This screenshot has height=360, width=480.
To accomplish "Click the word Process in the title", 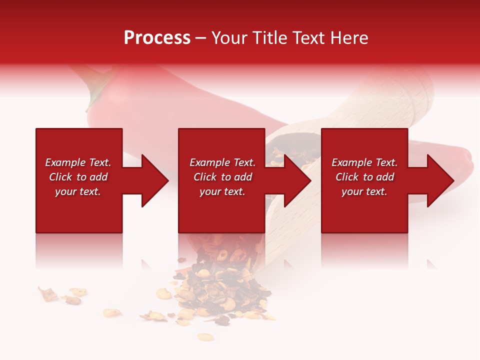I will tap(157, 38).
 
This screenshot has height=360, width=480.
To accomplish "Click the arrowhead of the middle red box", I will tap(297, 180).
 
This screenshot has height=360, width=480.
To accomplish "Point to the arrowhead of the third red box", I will tap(440, 180).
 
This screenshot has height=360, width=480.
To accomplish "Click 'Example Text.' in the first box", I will tap(78, 162).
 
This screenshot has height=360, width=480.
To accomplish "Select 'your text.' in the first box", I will tap(78, 191).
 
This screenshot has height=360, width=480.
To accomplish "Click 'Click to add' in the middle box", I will tap(222, 177).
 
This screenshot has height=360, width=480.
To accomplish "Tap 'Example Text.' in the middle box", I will tap(222, 162).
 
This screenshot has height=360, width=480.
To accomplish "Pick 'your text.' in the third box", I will tap(364, 191).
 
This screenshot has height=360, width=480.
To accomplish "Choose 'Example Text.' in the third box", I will tap(364, 162).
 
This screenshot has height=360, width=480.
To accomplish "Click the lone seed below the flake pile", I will tap(205, 336).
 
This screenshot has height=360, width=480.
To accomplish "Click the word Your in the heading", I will tap(230, 38).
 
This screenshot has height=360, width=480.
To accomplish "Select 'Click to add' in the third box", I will tap(364, 177).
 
